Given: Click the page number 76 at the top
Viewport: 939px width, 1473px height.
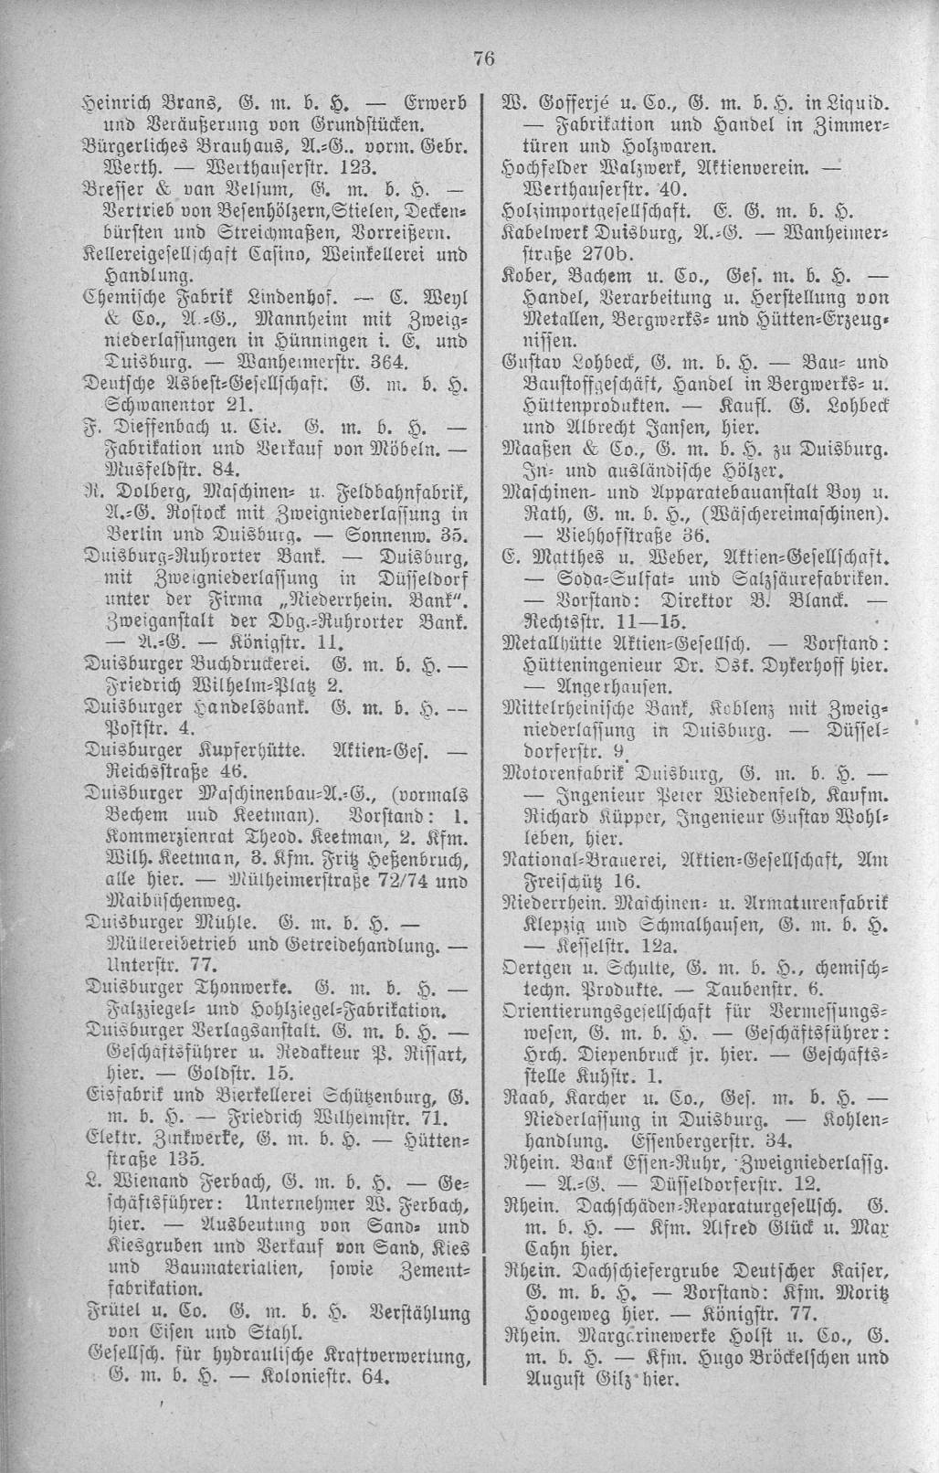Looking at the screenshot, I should (x=483, y=59).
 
